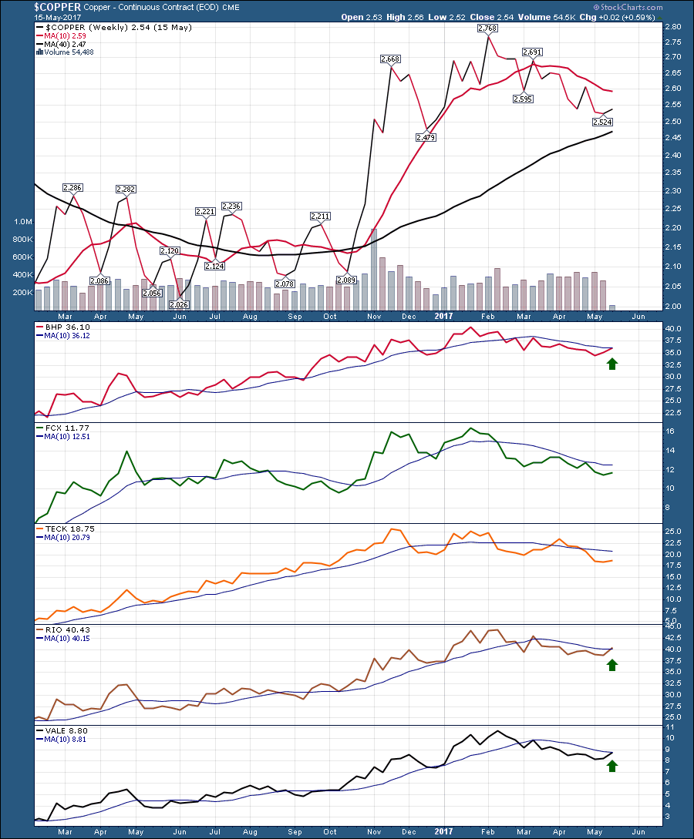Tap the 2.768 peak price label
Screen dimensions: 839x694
pyautogui.click(x=487, y=29)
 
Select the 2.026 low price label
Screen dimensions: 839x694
pyautogui.click(x=180, y=304)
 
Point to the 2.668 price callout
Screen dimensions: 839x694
pyautogui.click(x=391, y=59)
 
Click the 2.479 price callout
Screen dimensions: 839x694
pyautogui.click(x=425, y=137)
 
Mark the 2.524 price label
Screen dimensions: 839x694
pyautogui.click(x=602, y=122)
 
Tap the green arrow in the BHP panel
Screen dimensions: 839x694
pyautogui.click(x=612, y=362)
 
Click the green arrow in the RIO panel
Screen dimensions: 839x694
pyautogui.click(x=612, y=664)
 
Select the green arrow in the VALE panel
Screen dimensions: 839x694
pyautogui.click(x=612, y=764)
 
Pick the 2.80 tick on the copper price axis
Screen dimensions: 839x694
pyautogui.click(x=672, y=27)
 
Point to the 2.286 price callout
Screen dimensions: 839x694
pyautogui.click(x=72, y=187)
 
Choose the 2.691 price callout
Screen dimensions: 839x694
pyautogui.click(x=533, y=52)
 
